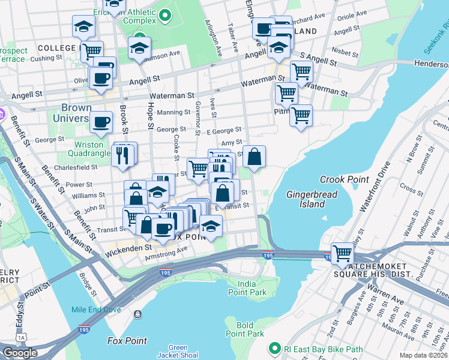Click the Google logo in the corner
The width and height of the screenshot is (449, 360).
point(20,353)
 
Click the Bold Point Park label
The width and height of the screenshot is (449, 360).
point(244,329)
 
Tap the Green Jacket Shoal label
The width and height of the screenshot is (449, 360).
point(178,352)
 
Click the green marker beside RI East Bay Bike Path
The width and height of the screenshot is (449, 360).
point(275,348)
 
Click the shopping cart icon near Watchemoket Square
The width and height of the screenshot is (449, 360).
point(342,252)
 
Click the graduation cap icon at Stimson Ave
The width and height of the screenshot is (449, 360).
point(139,47)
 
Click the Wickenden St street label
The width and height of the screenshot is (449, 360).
point(128,247)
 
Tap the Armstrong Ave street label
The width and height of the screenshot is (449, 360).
point(166,256)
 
